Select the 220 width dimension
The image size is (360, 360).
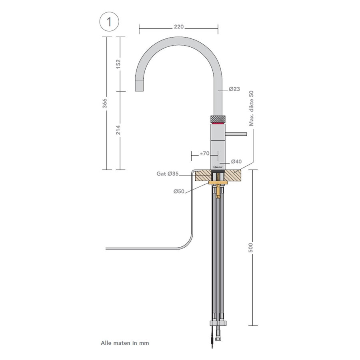point(178,27)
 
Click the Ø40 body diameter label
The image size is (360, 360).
point(236,162)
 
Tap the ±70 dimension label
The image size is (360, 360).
point(205,153)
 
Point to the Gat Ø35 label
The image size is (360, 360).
point(167,174)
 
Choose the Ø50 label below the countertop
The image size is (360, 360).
point(178,192)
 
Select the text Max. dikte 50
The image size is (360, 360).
point(252,108)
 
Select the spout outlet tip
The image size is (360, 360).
point(139,85)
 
